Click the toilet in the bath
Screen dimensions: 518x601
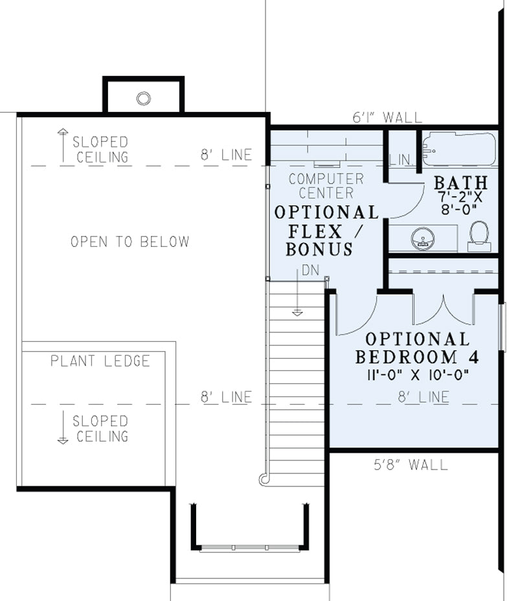pos(479,236)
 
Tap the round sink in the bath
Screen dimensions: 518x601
pos(423,238)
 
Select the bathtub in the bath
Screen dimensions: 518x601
pos(459,149)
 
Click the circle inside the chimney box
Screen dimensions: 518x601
pos(144,98)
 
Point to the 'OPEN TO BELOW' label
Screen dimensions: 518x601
pos(130,242)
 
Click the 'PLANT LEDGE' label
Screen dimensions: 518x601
pos(100,361)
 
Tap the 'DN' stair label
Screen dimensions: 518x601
pos(310,270)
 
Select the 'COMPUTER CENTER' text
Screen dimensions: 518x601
pos(326,186)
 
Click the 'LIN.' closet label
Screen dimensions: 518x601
pos(401,159)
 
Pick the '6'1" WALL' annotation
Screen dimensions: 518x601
pos(387,117)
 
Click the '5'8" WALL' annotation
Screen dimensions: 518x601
pos(411,464)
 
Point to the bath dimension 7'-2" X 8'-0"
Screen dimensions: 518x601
pos(460,203)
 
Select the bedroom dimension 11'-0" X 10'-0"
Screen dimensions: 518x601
pos(418,375)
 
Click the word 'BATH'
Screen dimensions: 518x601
pos(461,183)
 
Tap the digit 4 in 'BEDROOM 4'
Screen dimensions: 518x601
pos(474,357)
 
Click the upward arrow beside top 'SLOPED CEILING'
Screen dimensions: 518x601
pos(63,146)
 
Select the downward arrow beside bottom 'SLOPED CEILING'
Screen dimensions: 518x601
pos(63,427)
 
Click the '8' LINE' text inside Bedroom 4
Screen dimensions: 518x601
pos(423,397)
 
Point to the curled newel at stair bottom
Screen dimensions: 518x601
pos(264,479)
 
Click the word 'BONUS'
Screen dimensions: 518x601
pos(319,249)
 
